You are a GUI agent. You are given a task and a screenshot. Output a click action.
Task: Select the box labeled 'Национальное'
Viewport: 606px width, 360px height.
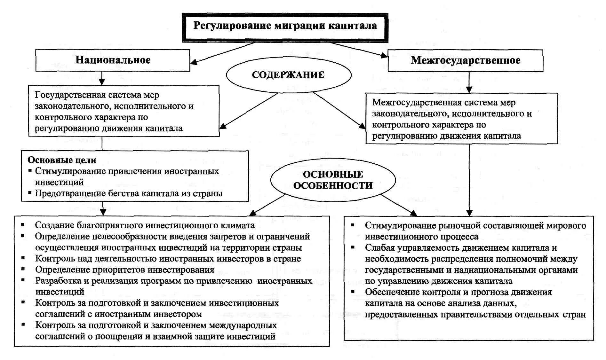113,60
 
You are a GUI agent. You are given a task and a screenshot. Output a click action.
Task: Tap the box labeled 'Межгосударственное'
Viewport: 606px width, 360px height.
465,60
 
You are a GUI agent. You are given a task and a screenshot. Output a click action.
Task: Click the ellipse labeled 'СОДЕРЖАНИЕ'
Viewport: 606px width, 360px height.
288,75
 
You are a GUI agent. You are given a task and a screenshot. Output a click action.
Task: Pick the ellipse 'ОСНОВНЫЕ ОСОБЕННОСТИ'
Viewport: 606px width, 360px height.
333,180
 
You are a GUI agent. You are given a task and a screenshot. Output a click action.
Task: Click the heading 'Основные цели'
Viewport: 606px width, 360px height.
62,160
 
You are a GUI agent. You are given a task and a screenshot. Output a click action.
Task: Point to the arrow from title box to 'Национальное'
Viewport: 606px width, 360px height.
224,53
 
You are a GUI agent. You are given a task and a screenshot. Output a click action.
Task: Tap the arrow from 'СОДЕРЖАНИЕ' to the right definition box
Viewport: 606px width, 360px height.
339,110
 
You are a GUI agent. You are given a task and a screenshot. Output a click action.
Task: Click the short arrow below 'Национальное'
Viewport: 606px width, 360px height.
102,78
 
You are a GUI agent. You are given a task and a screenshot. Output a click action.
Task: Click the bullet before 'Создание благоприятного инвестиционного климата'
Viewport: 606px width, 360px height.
23,224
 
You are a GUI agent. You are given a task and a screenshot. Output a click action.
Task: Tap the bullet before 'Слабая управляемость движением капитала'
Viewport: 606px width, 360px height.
353,247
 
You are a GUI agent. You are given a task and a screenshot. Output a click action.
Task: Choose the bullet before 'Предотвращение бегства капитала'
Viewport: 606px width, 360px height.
30,193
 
